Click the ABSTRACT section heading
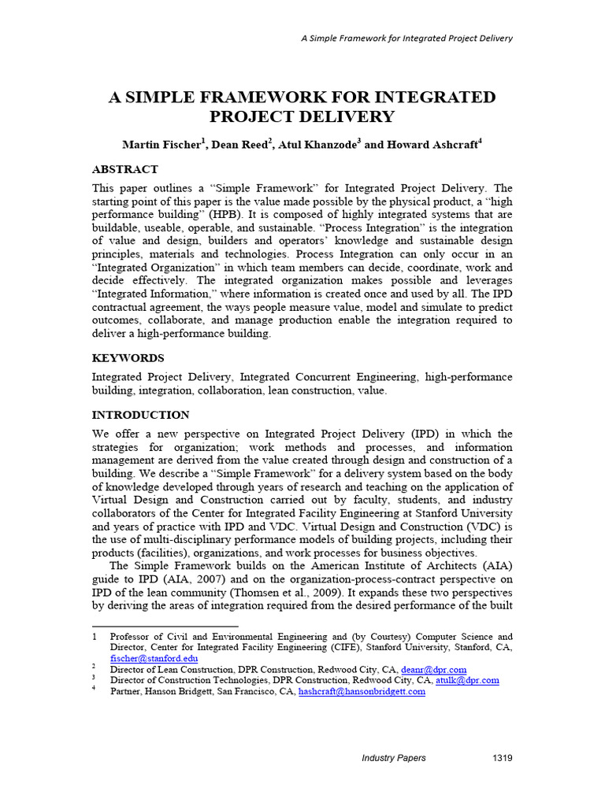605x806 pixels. coord(125,169)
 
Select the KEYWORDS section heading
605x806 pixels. coord(128,358)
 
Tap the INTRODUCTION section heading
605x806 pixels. coord(141,415)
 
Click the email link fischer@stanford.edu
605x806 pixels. coord(154,658)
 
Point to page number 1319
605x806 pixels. coord(501,758)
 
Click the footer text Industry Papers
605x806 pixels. coord(394,758)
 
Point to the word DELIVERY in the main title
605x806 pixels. coord(348,117)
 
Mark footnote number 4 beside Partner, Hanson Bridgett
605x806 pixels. coord(94,690)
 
